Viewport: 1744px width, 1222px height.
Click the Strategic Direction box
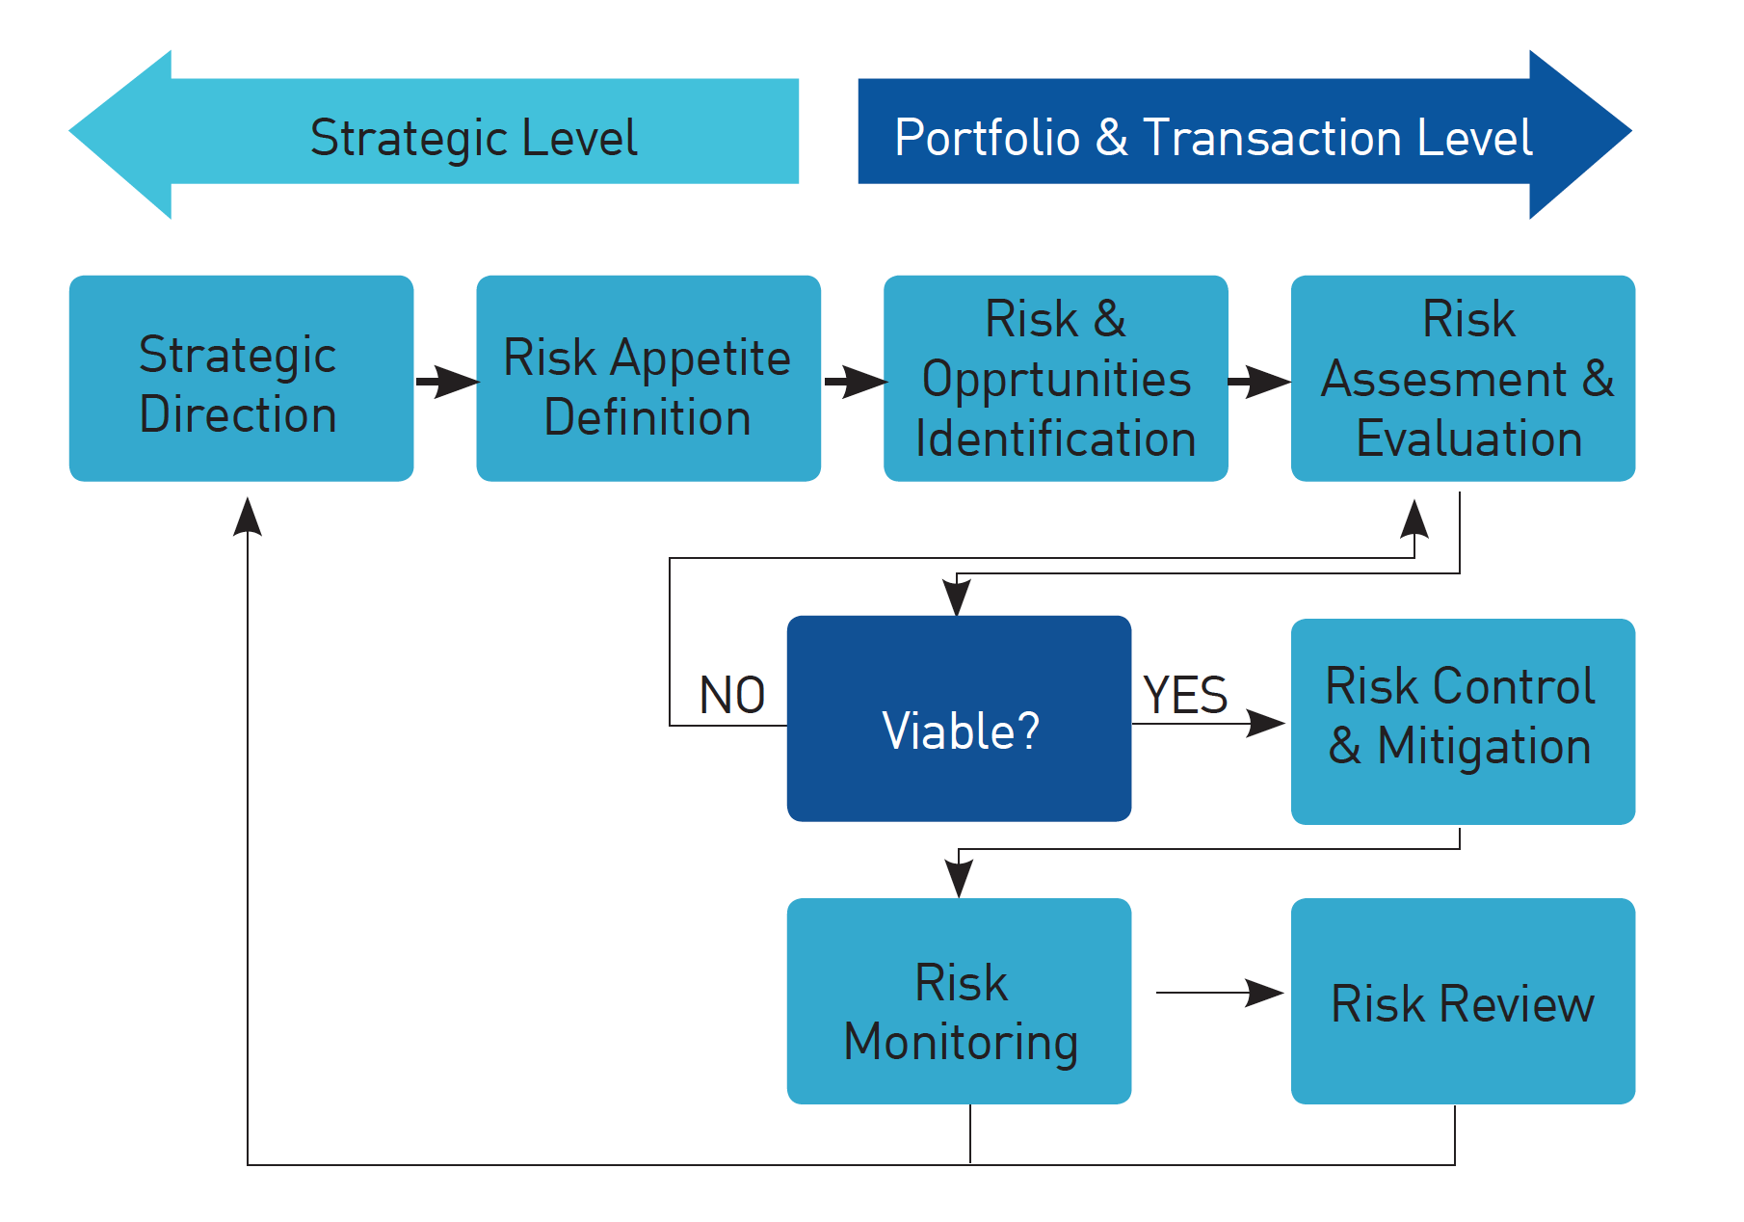pos(241,378)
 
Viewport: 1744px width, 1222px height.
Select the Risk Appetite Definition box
pos(648,378)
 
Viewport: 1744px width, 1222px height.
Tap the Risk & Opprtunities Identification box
pos(1056,378)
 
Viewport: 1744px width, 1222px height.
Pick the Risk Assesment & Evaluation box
pos(1463,378)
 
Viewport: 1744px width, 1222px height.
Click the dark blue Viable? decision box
pos(959,719)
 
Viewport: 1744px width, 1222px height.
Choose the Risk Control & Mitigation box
pos(1463,722)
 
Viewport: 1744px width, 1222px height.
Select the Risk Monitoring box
pos(959,1001)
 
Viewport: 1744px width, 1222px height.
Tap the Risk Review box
pos(1463,1001)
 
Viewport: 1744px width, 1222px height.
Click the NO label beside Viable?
pos(732,695)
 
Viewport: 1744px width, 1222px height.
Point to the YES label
pos(1185,695)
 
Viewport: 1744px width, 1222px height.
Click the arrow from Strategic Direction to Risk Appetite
pos(447,382)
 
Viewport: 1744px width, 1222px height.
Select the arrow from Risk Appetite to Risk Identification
pos(855,382)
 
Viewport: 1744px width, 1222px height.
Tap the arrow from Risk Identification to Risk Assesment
pos(1260,382)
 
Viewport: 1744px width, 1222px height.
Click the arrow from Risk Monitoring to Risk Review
pos(1220,992)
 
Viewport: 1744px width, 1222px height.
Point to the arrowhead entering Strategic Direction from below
pos(248,517)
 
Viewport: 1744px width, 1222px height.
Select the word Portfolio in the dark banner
pos(988,137)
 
